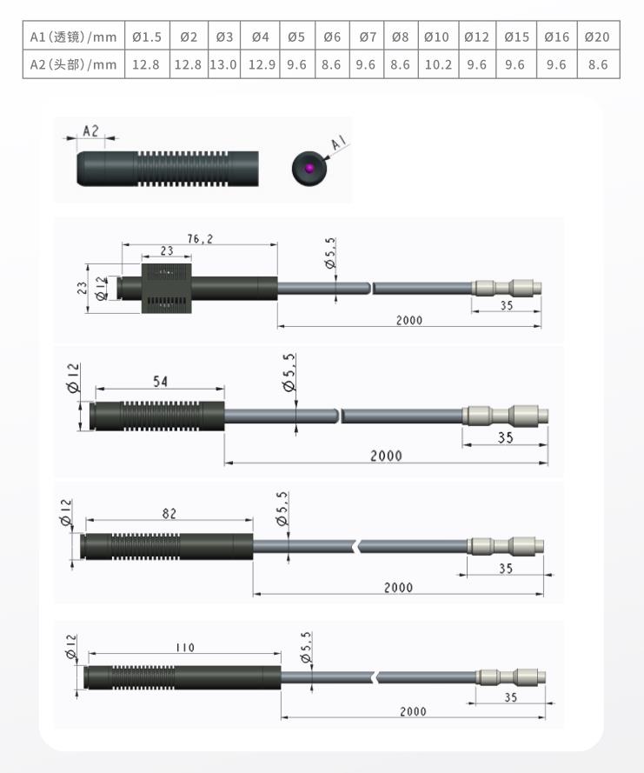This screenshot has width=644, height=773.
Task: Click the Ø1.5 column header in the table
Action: click(x=147, y=37)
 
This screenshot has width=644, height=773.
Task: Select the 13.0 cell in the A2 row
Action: click(x=223, y=64)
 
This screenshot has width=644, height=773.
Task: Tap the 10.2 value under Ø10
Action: click(x=438, y=64)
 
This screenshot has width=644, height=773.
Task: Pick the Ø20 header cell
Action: click(x=597, y=37)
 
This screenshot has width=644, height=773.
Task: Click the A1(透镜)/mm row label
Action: click(x=73, y=37)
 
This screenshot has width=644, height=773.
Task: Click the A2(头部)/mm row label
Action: click(x=73, y=64)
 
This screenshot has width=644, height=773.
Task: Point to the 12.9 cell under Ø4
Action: click(x=262, y=64)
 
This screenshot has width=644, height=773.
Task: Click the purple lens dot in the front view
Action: click(x=309, y=168)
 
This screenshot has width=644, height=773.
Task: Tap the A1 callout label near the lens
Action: click(x=338, y=143)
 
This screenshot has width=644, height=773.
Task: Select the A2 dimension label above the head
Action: click(x=90, y=131)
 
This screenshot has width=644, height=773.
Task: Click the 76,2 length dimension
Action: click(x=200, y=238)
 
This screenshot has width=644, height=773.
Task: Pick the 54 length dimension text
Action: click(x=160, y=381)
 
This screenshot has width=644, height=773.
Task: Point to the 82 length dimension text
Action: click(x=169, y=514)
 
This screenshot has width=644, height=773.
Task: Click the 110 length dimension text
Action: click(x=185, y=647)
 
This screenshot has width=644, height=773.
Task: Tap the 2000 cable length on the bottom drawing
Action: click(x=413, y=711)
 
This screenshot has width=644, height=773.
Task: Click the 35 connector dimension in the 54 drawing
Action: click(x=506, y=437)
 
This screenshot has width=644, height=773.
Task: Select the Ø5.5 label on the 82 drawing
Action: click(x=282, y=509)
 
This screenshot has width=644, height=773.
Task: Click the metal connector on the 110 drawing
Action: click(x=510, y=676)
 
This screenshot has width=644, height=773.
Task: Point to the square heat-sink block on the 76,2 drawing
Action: click(x=167, y=288)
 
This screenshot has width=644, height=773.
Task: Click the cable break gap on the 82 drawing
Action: click(x=357, y=546)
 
